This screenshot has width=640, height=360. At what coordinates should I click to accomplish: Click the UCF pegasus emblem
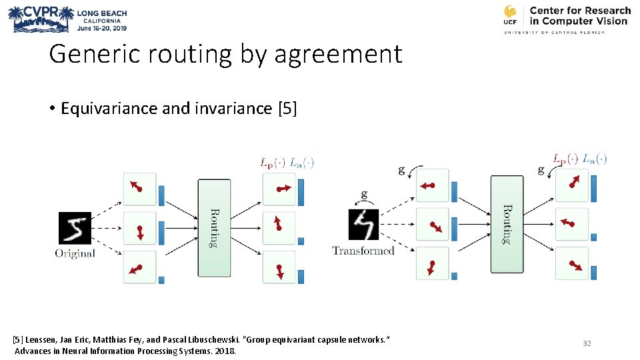coord(511,15)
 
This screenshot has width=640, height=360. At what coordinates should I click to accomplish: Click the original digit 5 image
coord(74,228)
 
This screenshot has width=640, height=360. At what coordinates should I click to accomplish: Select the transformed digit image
coord(363,225)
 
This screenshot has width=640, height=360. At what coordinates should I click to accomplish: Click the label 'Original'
coord(75,253)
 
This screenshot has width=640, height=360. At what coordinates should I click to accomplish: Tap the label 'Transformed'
coord(363,251)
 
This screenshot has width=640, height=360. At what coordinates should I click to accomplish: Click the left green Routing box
coord(214,227)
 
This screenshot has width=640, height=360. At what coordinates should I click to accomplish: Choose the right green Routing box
coord(507,224)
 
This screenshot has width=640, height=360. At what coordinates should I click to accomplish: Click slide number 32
coord(587,343)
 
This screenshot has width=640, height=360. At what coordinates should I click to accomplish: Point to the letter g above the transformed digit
coord(363,195)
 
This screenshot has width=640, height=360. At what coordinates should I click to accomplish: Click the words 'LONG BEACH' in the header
coord(101,13)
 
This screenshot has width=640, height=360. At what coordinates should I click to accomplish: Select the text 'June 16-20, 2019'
coord(101,29)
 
